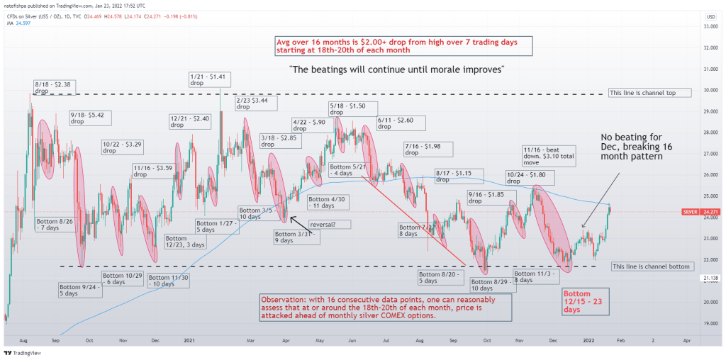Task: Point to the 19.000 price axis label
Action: tap(708, 323)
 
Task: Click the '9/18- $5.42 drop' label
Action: tap(86, 117)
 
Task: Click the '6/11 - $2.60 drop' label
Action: tap(401, 123)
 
